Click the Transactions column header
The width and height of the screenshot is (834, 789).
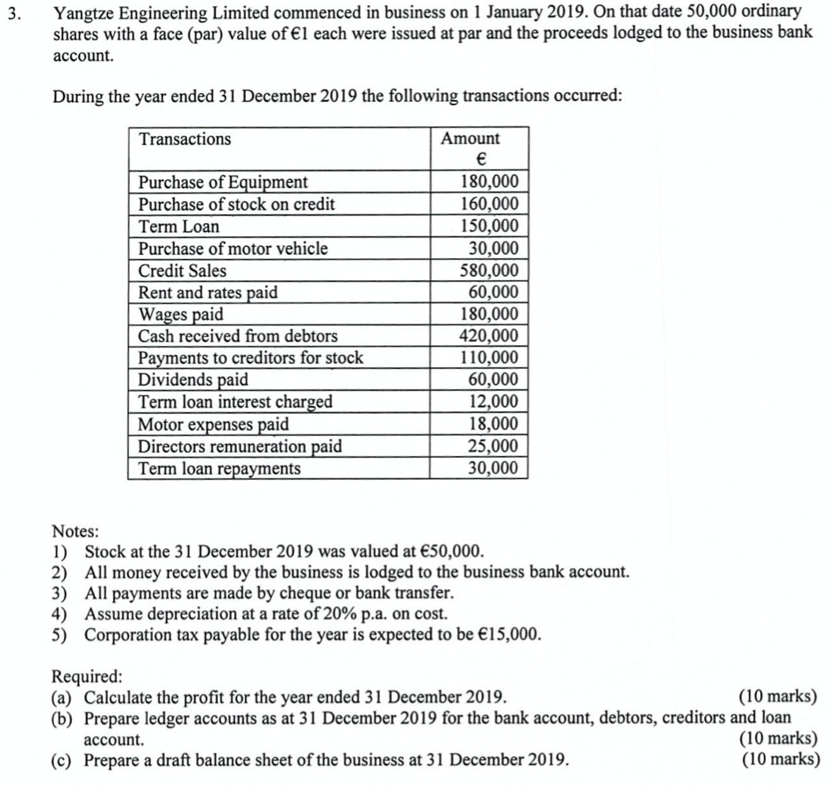click(x=185, y=140)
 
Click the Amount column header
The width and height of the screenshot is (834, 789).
click(x=471, y=139)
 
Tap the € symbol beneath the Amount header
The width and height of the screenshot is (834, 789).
click(x=480, y=160)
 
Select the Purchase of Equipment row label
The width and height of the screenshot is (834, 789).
click(x=224, y=183)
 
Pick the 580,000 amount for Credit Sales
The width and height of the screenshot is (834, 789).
click(x=490, y=271)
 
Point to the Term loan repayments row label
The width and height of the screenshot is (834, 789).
click(x=219, y=468)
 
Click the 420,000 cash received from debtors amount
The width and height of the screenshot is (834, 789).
click(x=490, y=337)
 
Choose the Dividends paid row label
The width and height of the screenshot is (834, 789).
click(x=193, y=380)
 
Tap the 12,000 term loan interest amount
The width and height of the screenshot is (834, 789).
click(x=494, y=402)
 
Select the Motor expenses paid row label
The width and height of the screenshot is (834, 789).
click(x=214, y=424)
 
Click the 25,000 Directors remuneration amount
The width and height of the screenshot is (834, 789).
click(x=494, y=446)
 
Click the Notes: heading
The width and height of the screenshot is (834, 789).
click(x=75, y=531)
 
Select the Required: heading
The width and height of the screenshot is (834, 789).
click(x=88, y=677)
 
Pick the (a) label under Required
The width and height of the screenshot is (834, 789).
click(x=64, y=698)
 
